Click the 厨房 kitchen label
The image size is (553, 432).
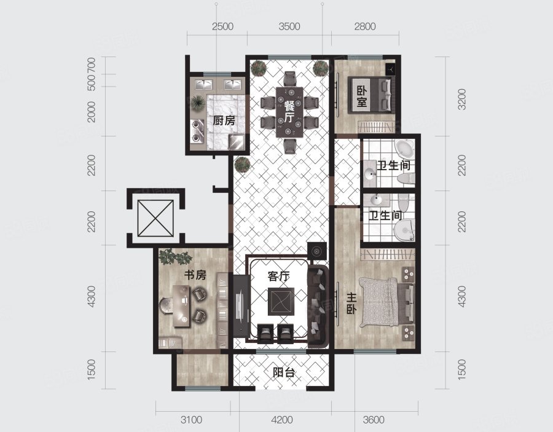coord(224,120)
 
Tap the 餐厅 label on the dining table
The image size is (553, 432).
coord(289,111)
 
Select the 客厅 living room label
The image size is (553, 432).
coord(278,276)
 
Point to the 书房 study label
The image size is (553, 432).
coord(195,275)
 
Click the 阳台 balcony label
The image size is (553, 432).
coord(284,372)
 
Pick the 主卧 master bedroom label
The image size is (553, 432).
coord(351,304)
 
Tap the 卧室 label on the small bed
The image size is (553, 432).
coord(362,96)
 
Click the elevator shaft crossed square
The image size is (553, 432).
coord(155,218)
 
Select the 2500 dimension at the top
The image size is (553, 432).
coord(222,26)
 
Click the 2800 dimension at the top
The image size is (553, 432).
coord(365,26)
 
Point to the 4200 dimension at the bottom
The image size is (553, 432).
coord(282,420)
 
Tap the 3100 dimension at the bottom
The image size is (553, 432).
coord(191,420)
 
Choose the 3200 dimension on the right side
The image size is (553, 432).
coord(461,99)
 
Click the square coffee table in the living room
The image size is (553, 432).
coord(281,302)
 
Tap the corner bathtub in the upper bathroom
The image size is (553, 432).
coord(405,149)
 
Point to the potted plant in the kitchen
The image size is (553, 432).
coord(197,103)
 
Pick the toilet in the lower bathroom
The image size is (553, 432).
coord(404,230)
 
